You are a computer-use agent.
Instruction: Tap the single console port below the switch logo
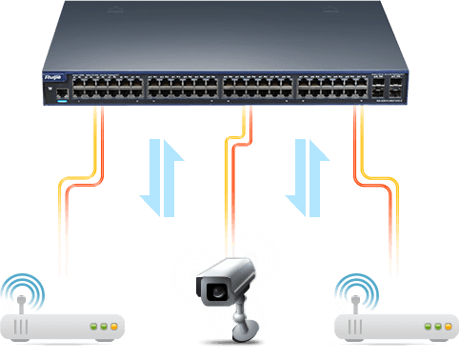[x=60, y=92]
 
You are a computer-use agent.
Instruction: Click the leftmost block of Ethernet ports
[x=108, y=89]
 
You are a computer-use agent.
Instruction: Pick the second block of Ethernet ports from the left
[x=182, y=89]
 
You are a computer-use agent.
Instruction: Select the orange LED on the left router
[x=113, y=327]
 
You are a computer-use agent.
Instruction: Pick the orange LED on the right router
[x=445, y=327]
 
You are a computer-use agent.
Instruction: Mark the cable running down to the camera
[x=229, y=190]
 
